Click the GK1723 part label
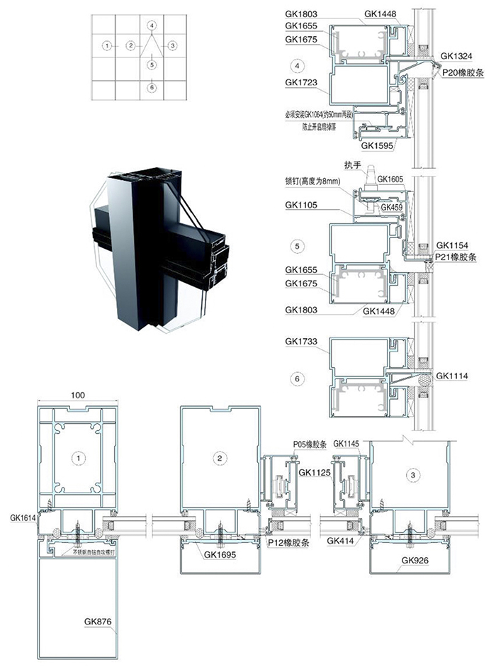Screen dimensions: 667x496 [x=300, y=82]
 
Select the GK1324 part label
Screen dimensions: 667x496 [x=455, y=55]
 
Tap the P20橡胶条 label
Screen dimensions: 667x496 [x=461, y=71]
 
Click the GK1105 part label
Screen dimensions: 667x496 [x=300, y=206]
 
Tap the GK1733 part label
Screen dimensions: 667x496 [x=300, y=342]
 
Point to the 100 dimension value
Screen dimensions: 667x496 [x=79, y=394]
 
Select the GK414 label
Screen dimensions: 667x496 [x=339, y=541]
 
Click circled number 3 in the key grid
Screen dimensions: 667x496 [x=172, y=45]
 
